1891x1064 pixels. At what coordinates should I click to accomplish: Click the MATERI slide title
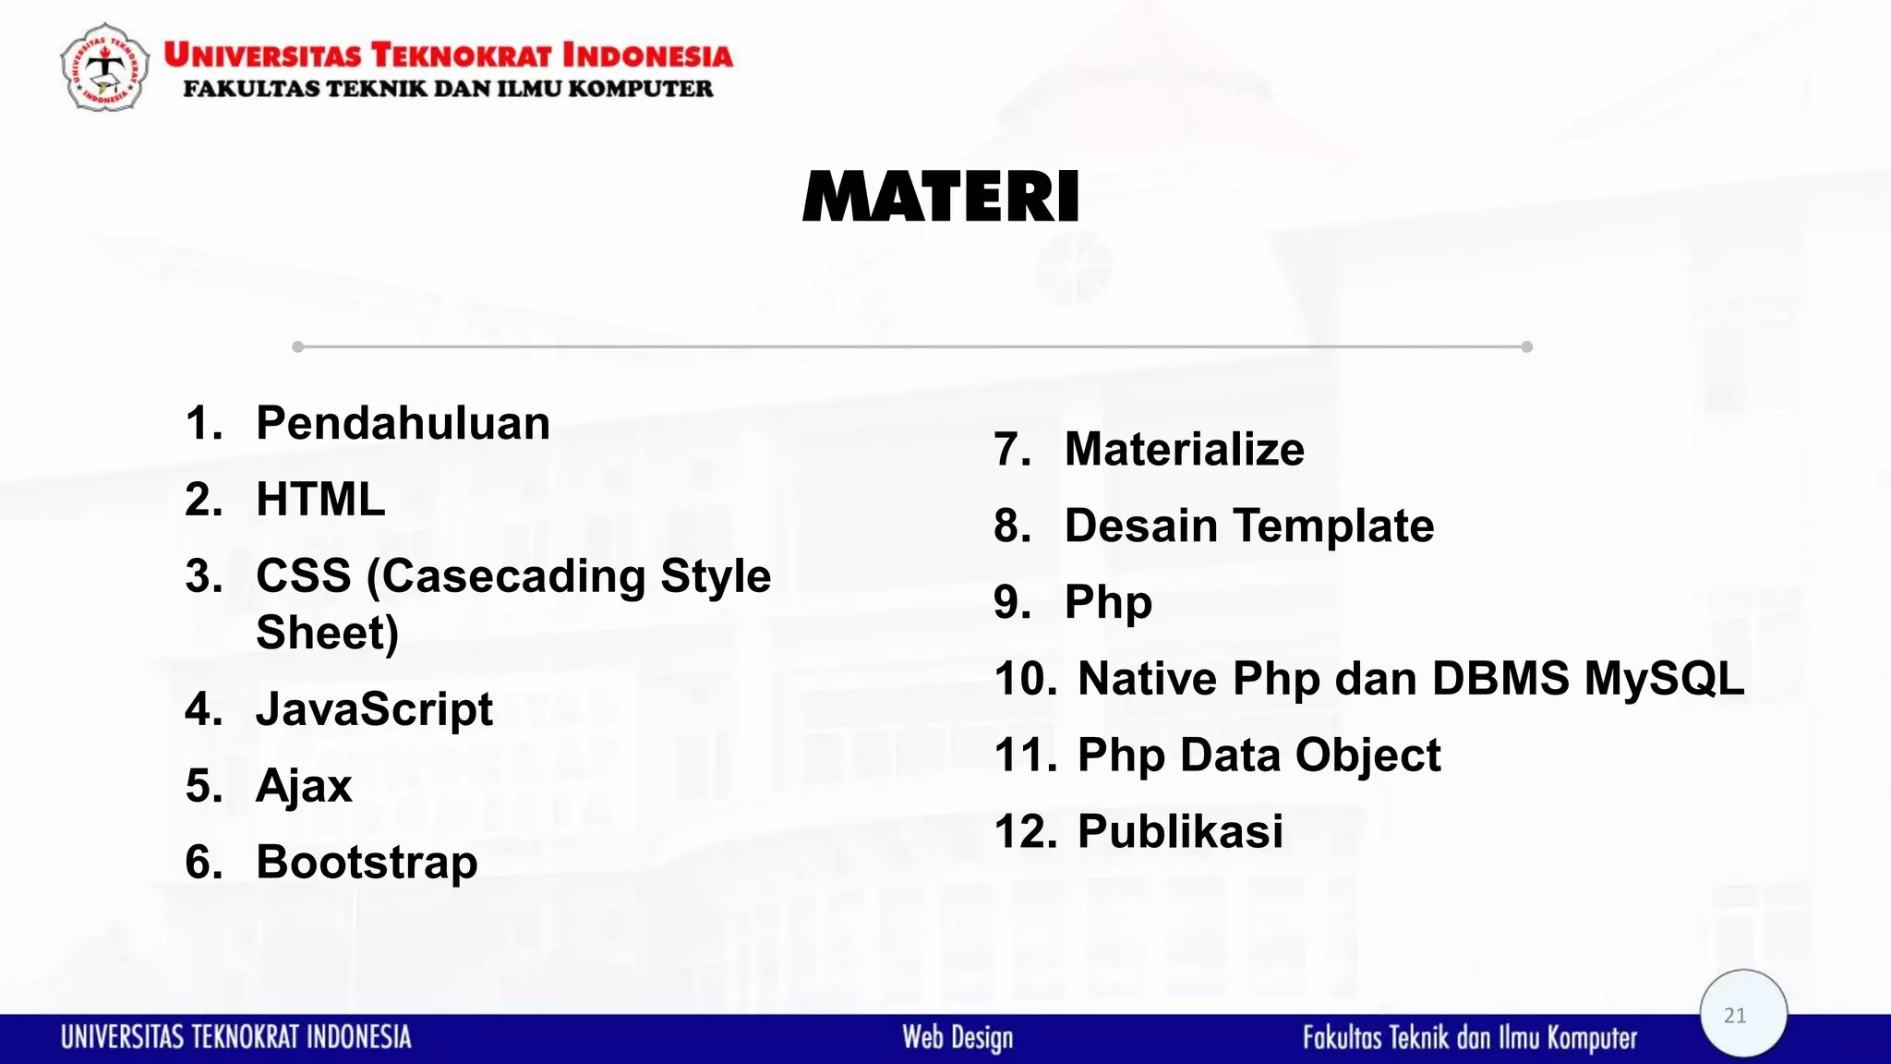[941, 197]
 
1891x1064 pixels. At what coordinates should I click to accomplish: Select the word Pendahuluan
[403, 424]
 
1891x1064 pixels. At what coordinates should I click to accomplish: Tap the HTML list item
[319, 500]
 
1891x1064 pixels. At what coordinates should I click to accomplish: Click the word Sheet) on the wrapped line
[327, 634]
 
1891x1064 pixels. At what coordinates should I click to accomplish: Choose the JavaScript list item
[374, 709]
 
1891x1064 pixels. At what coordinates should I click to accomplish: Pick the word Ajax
[304, 786]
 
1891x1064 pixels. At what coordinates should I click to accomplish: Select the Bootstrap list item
[367, 863]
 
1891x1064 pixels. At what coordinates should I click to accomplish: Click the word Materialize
[1184, 450]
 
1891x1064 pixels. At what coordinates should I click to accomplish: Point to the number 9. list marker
[1012, 602]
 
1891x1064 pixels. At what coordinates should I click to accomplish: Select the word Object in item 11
[1367, 756]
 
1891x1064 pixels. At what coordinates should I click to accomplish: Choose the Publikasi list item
[1180, 831]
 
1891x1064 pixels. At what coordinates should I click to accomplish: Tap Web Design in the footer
[958, 1037]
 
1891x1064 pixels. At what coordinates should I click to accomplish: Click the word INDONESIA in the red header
[647, 55]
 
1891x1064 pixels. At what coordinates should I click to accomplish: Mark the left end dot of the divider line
[297, 347]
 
